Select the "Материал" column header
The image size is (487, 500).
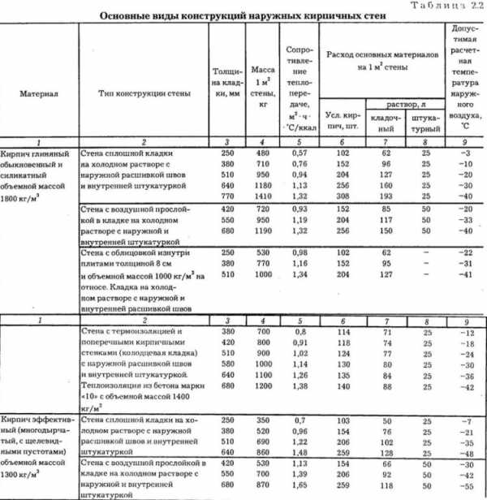click(38, 94)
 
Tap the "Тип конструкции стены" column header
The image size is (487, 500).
click(144, 94)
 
